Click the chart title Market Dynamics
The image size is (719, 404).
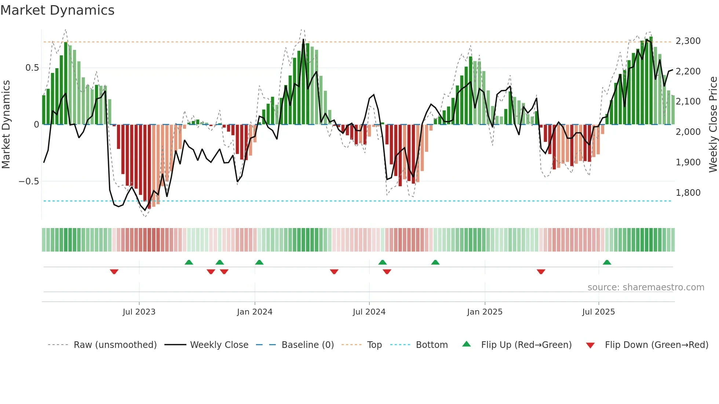57,10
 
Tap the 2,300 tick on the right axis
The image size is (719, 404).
688,41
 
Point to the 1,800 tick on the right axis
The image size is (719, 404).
688,193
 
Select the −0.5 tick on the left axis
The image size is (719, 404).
29,181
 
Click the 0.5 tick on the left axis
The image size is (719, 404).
32,68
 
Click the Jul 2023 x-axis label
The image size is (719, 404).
139,312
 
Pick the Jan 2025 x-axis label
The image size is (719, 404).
485,312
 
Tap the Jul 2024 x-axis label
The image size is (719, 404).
369,312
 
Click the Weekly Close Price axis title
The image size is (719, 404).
713,125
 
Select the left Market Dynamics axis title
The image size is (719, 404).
6,125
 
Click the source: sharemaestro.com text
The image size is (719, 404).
646,287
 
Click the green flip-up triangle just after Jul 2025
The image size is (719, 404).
607,262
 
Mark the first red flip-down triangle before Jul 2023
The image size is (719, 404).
114,272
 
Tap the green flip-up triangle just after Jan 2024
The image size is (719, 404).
259,262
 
